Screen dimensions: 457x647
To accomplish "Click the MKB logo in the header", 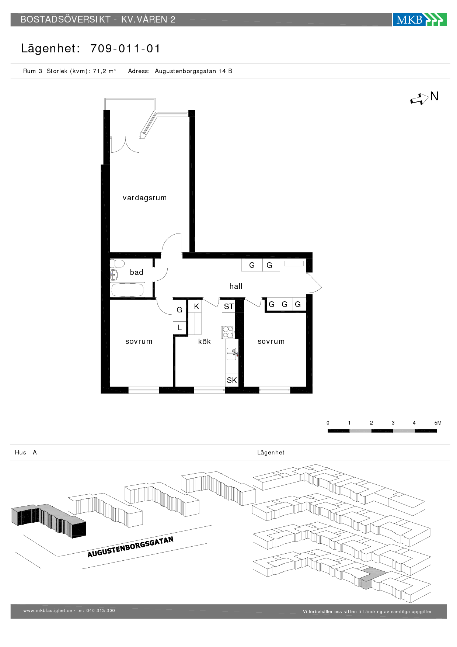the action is (x=419, y=20).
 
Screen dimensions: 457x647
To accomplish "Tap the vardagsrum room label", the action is (x=144, y=198).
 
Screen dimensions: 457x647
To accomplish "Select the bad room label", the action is (x=136, y=272).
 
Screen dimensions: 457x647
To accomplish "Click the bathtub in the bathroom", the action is (x=127, y=290).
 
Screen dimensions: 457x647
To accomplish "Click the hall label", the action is (x=236, y=286).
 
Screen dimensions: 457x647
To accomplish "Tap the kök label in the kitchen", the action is (x=205, y=342).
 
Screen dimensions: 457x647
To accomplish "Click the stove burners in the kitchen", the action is (x=228, y=332).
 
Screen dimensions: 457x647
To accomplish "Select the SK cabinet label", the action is (x=232, y=380).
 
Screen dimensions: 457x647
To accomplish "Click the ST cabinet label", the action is (x=229, y=307).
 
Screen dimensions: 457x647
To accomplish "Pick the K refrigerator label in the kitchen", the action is (x=196, y=307).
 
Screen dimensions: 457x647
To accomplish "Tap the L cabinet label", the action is (x=180, y=328).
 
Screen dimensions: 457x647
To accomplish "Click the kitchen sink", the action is (x=232, y=354).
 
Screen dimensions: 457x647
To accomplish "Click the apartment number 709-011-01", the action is (x=125, y=48).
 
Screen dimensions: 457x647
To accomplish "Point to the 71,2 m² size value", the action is (x=105, y=71).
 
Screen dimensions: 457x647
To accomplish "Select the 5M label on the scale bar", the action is (x=438, y=423).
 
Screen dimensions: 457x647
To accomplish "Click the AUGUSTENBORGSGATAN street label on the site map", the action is (x=130, y=547).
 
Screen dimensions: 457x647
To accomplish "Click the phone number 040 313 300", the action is (x=101, y=610).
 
